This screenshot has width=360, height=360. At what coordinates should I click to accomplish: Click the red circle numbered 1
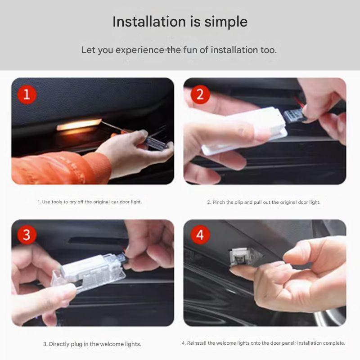tap(27, 94)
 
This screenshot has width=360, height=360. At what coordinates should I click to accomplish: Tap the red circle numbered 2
tap(200, 94)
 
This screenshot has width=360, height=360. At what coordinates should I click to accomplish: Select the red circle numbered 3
tap(27, 235)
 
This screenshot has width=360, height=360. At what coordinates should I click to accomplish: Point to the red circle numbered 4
tap(200, 235)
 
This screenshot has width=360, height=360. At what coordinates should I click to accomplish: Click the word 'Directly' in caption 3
tap(60, 344)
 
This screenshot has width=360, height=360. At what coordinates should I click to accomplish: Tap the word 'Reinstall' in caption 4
tap(198, 343)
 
